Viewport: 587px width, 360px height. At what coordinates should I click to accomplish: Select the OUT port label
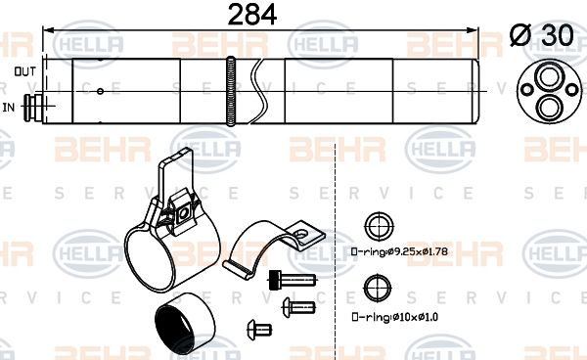coord(25,72)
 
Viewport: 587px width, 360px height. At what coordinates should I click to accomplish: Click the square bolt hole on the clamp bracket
coord(181,210)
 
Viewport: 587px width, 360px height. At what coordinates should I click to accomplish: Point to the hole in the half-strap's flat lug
coord(305,235)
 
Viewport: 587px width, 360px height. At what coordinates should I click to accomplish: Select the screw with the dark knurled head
coord(281,280)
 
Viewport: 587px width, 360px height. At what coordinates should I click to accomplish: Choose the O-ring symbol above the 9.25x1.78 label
coord(375,227)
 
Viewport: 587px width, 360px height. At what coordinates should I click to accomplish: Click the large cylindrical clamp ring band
coord(158,256)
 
